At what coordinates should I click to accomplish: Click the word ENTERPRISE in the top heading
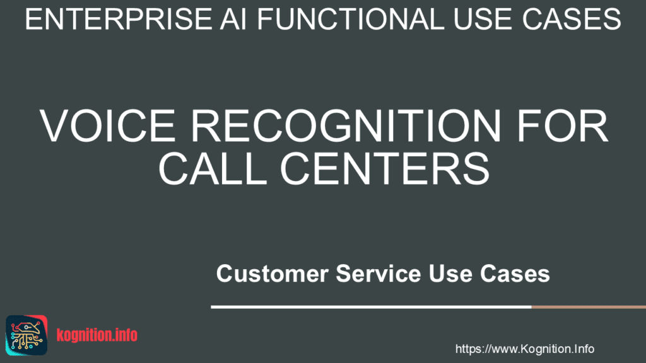119,19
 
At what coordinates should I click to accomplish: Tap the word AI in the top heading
233,19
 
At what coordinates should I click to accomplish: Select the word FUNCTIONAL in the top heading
351,19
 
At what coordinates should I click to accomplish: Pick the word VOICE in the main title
107,126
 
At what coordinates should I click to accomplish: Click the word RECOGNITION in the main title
345,126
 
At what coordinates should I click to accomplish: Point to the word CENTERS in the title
385,169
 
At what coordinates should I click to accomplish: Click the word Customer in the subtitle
273,274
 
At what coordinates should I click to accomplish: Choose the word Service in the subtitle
379,274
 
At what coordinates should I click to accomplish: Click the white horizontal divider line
371,307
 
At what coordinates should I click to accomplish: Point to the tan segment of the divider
589,307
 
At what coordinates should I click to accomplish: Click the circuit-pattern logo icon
26,335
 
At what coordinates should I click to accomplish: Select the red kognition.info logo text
97,335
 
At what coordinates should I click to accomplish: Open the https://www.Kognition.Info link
524,349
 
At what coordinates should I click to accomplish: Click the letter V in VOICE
56,126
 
